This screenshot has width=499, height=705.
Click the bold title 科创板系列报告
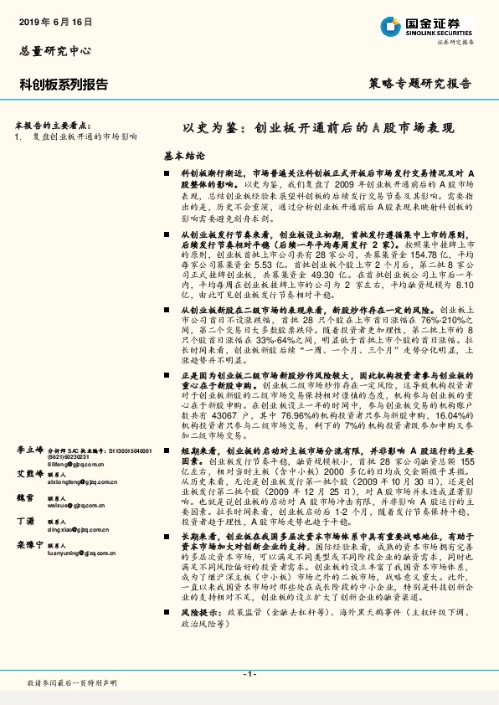pos(64,84)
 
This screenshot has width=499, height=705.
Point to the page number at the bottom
pos(249,674)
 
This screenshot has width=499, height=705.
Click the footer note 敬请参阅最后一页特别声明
pos(72,683)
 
